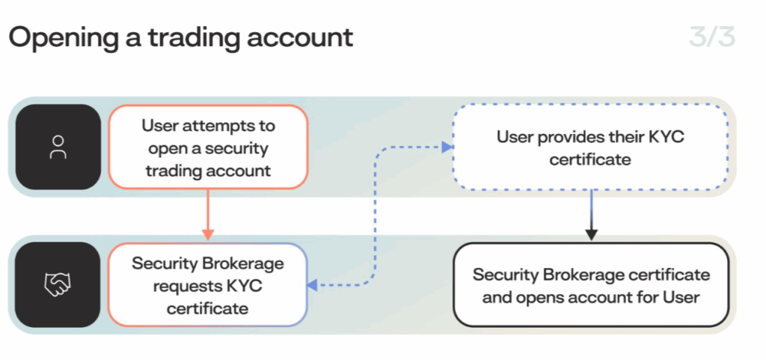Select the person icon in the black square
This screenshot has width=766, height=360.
point(58,147)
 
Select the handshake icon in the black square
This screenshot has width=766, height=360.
point(58,284)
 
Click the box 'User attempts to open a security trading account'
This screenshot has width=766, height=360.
point(208,147)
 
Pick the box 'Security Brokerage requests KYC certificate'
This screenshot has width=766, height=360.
point(208,285)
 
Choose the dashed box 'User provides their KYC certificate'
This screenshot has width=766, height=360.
point(591,147)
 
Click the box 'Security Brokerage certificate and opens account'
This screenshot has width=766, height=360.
point(591,285)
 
